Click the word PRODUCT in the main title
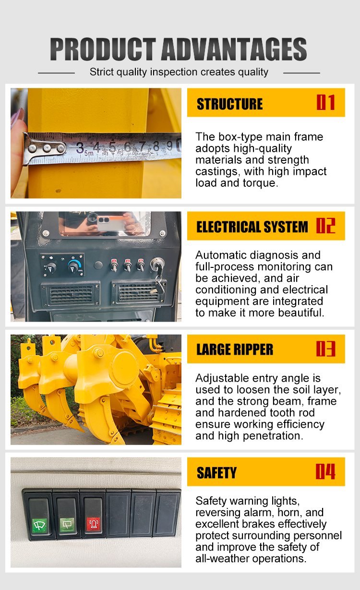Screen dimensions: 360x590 tap(103, 49)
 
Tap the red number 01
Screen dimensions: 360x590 tap(326, 102)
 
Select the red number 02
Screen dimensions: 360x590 tap(326, 226)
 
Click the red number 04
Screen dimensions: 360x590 tap(325, 472)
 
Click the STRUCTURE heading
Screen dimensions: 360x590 tap(229, 104)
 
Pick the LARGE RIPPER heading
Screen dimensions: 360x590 tap(235, 349)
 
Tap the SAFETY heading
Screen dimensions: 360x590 tap(216, 473)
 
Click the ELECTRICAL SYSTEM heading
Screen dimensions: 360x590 tap(252, 227)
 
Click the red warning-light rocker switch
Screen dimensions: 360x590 tap(93, 515)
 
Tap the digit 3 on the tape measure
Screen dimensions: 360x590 tap(80, 147)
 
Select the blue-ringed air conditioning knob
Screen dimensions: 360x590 tap(74, 265)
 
